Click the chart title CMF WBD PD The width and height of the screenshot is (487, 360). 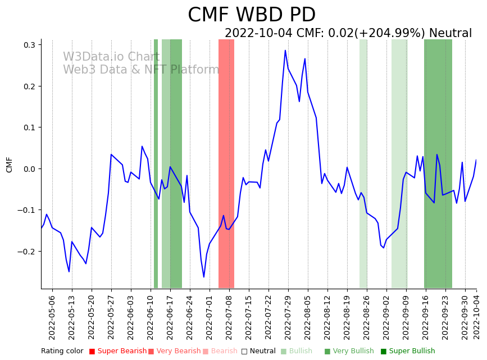click(251, 15)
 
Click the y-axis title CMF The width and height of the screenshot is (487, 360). click(9, 165)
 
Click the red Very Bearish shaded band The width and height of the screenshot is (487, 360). click(226, 163)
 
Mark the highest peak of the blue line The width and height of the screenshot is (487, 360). click(285, 51)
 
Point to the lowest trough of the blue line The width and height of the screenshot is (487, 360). click(204, 277)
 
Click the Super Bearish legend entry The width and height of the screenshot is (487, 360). click(118, 352)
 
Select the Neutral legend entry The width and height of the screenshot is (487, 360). click(258, 352)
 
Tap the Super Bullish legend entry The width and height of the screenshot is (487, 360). click(408, 352)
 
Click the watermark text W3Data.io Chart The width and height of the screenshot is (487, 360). click(111, 57)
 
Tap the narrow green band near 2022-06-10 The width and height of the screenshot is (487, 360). click(156, 163)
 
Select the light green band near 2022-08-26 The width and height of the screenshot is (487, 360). click(363, 163)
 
